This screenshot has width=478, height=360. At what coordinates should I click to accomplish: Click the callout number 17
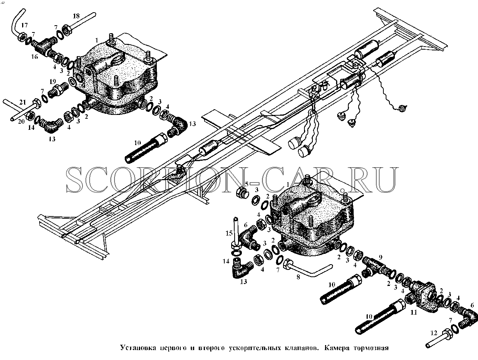point(25,26)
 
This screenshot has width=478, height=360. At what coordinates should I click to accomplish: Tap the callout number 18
point(76,16)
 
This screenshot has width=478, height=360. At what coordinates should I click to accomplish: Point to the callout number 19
point(53,82)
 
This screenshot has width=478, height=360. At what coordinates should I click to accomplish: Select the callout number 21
point(23,102)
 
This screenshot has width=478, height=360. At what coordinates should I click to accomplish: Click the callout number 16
point(34,57)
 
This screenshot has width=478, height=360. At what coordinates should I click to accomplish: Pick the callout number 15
point(229,233)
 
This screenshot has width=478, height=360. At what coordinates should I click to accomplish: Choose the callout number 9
point(380,257)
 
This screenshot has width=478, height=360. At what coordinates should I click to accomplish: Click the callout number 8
point(298,277)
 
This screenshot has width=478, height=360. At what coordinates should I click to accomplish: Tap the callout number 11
point(414,313)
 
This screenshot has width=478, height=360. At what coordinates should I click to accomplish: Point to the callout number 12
point(434,333)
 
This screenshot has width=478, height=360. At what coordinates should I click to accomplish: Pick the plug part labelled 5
point(242,194)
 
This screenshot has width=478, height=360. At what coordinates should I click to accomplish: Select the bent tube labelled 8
point(307,266)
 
